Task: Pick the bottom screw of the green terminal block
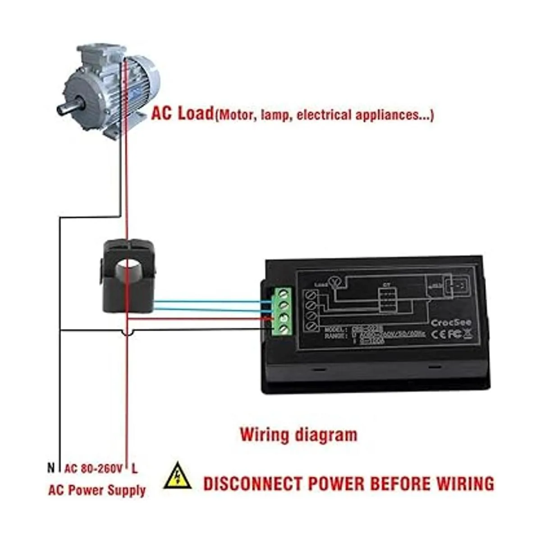point(284,330)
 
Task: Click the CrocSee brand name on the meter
point(451,323)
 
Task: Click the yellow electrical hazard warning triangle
point(178,476)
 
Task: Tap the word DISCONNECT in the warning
point(252,483)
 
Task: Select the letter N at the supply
point(51,468)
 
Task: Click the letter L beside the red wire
point(134,468)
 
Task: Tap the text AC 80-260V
point(93,468)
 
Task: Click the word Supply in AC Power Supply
point(127,490)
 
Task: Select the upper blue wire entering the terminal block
point(207,302)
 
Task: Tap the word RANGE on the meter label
point(336,336)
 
